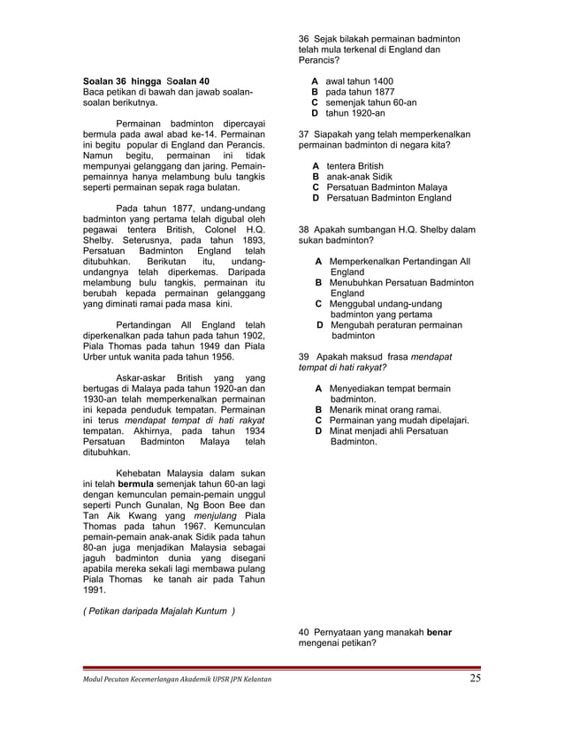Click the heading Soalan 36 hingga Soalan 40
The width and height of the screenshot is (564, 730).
point(146,81)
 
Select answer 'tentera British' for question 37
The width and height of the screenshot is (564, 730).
point(354,166)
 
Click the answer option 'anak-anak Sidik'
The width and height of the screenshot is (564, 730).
point(357,177)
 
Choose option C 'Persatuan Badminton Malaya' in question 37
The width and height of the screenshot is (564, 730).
point(381,187)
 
